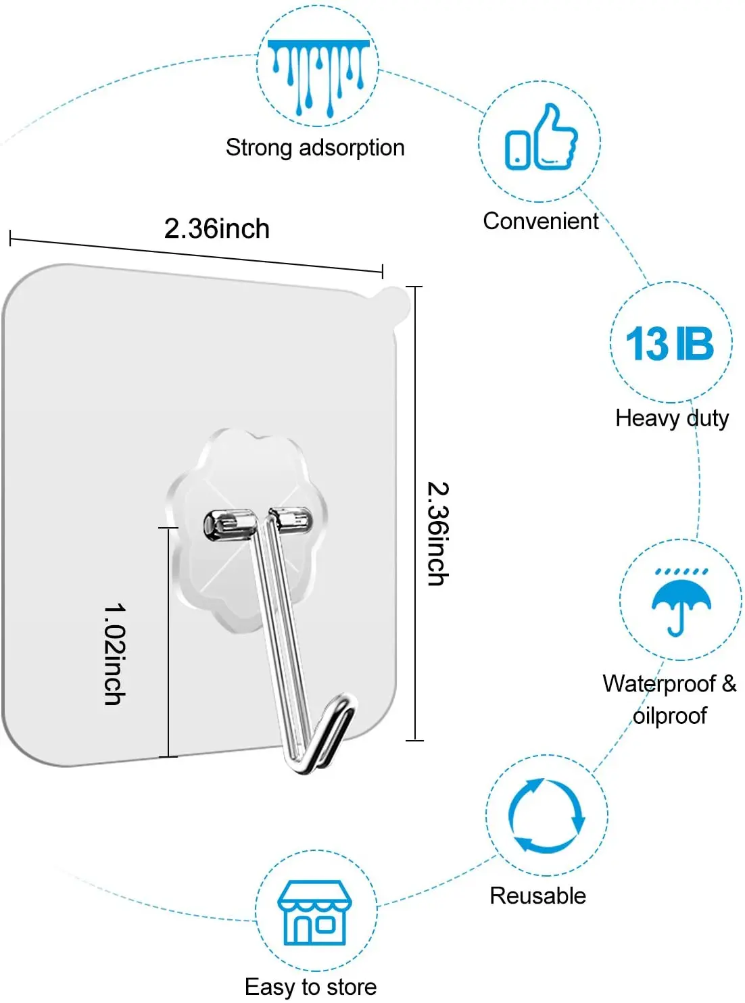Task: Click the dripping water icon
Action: [x=318, y=74]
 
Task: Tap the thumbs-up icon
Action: [x=541, y=139]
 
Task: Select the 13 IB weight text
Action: [x=669, y=344]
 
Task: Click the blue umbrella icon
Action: [x=681, y=602]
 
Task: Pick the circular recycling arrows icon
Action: [x=546, y=815]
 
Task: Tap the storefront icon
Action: [x=315, y=912]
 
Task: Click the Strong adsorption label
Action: [x=315, y=148]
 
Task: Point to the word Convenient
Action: [x=541, y=221]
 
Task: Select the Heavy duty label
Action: [x=672, y=418]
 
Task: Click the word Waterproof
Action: [x=659, y=684]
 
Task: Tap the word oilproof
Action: [x=669, y=716]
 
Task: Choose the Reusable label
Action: [x=537, y=896]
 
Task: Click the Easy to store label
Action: [x=310, y=987]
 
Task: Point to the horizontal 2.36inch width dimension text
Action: [x=217, y=229]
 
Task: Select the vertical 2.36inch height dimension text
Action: [x=438, y=533]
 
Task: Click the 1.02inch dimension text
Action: [x=115, y=654]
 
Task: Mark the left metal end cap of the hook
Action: [x=220, y=525]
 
